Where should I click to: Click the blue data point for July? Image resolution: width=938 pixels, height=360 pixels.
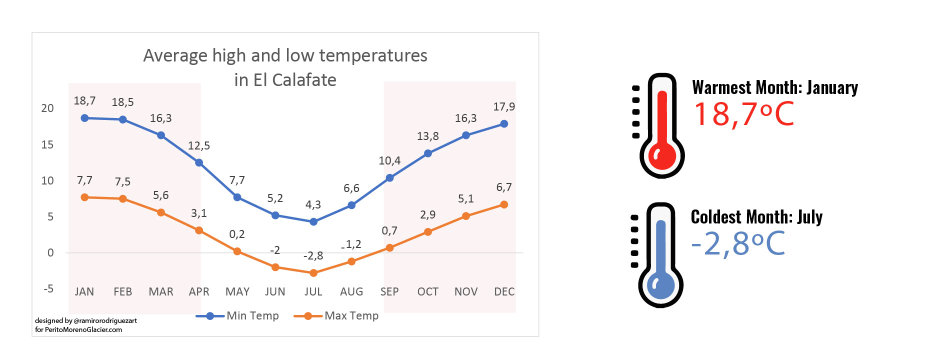point(313,221)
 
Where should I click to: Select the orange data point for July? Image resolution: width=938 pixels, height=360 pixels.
point(313,273)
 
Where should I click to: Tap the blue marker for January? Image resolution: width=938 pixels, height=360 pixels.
point(84,118)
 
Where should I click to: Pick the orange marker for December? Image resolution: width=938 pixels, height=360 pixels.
point(504,204)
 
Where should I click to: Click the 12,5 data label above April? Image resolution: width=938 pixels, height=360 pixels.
point(199,145)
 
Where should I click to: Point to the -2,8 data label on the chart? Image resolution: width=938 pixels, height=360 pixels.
point(313,255)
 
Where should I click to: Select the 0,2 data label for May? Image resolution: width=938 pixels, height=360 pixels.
point(237,234)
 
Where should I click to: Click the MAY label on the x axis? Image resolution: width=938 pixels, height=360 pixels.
point(237,291)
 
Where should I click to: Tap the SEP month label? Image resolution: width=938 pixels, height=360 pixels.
point(389,291)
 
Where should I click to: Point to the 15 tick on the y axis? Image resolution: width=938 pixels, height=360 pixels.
point(47,144)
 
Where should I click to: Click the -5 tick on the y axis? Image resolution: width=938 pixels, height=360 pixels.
point(48,288)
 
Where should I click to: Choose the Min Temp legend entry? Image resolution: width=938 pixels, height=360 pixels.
point(252,315)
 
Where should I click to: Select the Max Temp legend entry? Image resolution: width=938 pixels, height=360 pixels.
point(351,315)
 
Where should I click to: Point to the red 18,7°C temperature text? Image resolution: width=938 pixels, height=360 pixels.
point(743,114)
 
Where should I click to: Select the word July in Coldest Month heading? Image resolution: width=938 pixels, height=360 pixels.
point(809,217)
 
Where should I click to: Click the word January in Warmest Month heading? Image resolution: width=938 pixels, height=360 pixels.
point(832,87)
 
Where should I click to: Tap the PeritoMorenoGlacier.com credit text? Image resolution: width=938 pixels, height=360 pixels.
point(83,329)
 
